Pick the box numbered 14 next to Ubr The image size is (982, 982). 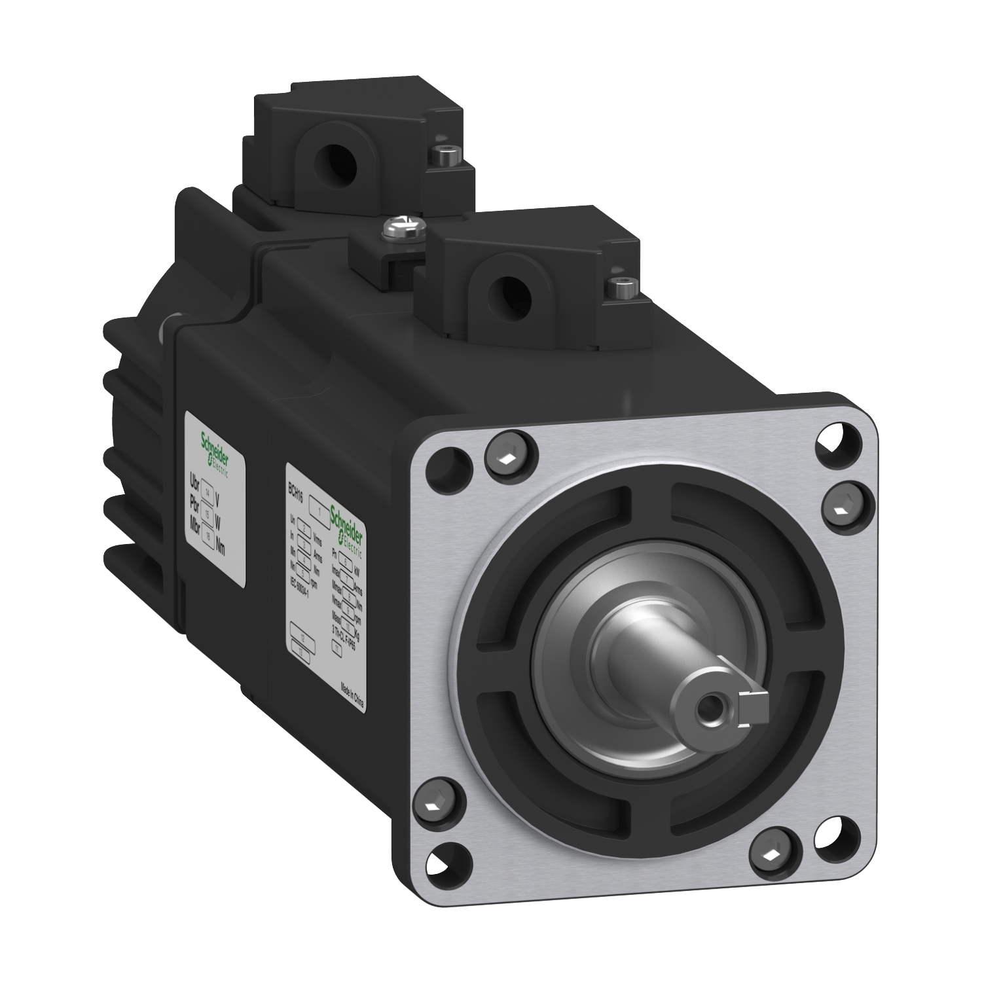coord(209,490)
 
